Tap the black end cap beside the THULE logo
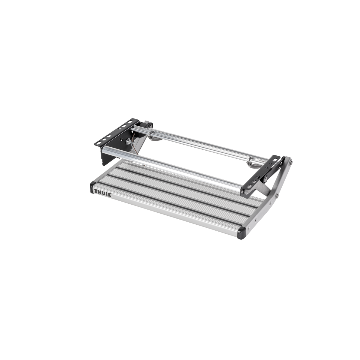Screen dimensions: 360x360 [x=91, y=186]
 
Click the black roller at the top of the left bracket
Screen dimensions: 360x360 [x=148, y=124]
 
